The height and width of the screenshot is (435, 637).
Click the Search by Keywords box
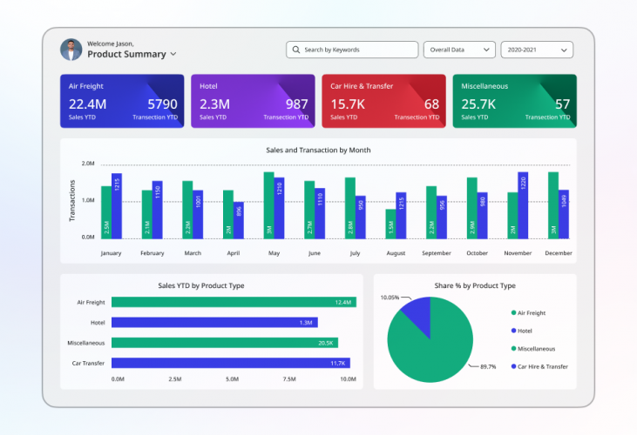tap(351, 50)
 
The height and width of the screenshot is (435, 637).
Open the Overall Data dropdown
tap(459, 50)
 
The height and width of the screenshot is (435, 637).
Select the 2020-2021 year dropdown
tap(536, 50)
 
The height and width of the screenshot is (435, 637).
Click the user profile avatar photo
tap(71, 50)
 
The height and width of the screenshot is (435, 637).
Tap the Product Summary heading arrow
tap(173, 54)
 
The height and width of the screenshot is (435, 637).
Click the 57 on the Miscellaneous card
tap(563, 104)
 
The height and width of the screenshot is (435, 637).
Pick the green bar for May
tap(268, 205)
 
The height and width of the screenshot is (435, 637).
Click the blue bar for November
tap(523, 205)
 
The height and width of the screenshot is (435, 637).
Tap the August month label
tap(396, 253)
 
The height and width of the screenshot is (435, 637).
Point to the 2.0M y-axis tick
tap(88, 164)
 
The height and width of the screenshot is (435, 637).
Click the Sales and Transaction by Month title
tap(318, 150)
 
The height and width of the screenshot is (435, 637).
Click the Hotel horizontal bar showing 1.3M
tap(213, 323)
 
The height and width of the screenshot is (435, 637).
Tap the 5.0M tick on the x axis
tap(232, 379)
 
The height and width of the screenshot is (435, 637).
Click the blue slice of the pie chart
tap(417, 315)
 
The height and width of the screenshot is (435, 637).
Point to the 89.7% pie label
tap(487, 367)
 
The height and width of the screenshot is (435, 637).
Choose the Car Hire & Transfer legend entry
tap(542, 366)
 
